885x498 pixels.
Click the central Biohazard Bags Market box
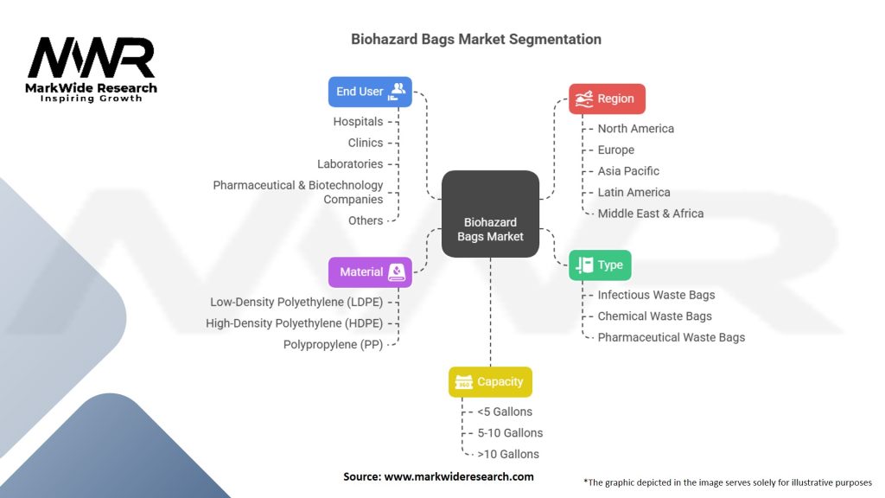point(490,214)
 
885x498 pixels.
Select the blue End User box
point(370,91)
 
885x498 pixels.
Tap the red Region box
point(607,99)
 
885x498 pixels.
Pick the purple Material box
point(370,271)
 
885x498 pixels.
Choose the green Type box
point(600,265)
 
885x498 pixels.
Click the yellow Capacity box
point(490,381)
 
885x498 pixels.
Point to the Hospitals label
point(358,122)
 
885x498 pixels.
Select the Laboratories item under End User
point(349,164)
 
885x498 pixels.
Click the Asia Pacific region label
point(628,171)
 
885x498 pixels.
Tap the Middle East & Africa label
point(650,214)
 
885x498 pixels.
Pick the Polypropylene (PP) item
point(333,344)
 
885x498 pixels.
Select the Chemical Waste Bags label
point(654,316)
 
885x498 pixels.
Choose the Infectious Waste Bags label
point(656,295)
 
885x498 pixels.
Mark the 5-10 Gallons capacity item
point(510,432)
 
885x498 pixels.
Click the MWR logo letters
point(91,59)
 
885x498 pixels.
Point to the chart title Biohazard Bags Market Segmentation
point(475,40)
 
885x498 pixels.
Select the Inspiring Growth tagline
point(91,99)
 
